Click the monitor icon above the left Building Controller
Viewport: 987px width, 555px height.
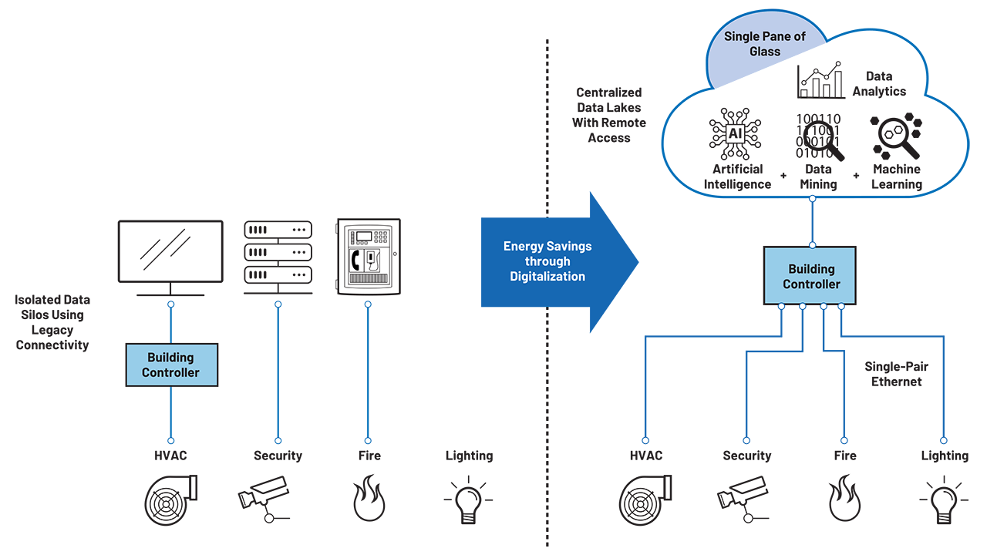tap(170, 253)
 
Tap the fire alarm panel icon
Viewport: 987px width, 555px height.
tap(368, 257)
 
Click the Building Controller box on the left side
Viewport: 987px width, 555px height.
tap(171, 365)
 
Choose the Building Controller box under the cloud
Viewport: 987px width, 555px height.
tap(811, 276)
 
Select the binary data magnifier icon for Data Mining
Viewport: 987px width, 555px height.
tap(819, 136)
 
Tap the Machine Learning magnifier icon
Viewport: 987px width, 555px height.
tap(896, 136)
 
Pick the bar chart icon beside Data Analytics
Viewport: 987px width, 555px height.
tap(821, 81)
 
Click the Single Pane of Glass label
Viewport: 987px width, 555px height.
tap(753, 44)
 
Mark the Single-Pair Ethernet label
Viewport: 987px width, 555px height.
tap(896, 374)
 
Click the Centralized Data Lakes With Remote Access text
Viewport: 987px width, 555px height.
tap(609, 115)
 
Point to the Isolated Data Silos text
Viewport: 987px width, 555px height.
tap(52, 321)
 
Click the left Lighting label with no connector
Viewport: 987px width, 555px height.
tap(469, 456)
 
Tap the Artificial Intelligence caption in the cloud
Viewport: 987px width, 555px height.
tap(737, 177)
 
